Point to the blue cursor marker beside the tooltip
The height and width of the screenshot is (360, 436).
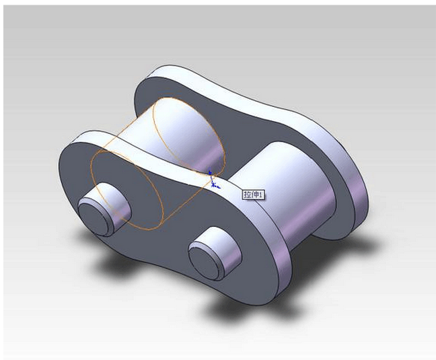point(213,179)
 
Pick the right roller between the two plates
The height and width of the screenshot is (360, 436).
point(296,195)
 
